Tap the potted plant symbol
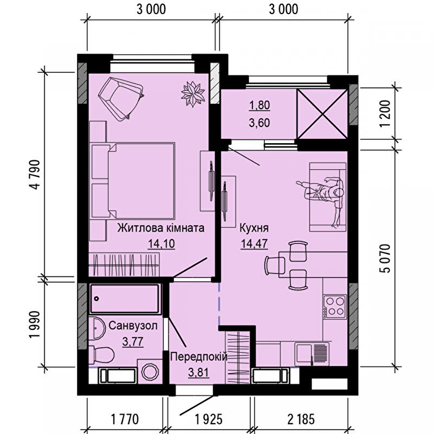(x=193, y=94)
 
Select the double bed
(x=133, y=181)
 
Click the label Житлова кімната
(x=161, y=228)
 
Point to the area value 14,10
(x=161, y=244)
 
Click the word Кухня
(x=254, y=228)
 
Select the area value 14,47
(x=254, y=244)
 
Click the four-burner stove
(x=335, y=307)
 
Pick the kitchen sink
(x=312, y=354)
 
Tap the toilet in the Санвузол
(x=101, y=355)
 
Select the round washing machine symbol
(x=150, y=371)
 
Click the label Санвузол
(x=133, y=326)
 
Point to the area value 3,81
(x=199, y=373)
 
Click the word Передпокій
(x=199, y=357)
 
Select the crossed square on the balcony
(x=322, y=114)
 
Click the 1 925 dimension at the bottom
(x=209, y=419)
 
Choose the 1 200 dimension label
(x=385, y=114)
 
